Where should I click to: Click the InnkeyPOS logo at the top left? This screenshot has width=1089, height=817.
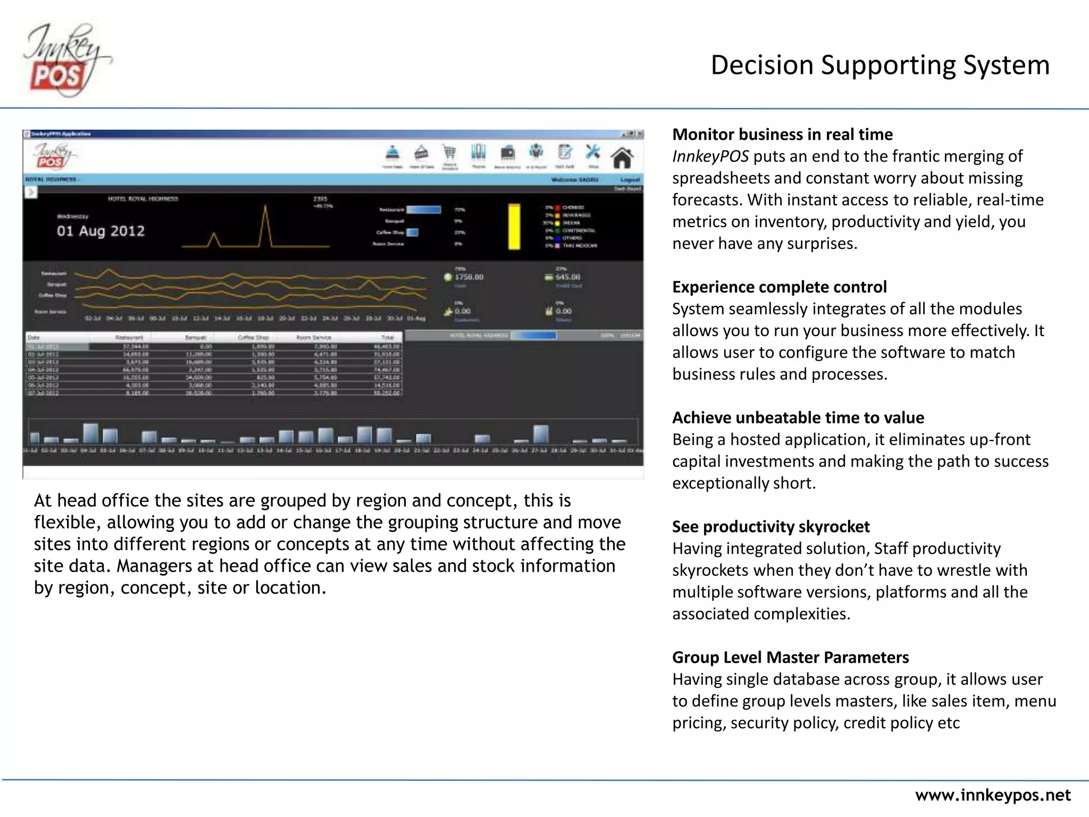pyautogui.click(x=66, y=60)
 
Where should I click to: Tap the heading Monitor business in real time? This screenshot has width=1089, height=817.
pyautogui.click(x=782, y=135)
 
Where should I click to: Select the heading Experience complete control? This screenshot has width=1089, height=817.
pyautogui.click(x=779, y=287)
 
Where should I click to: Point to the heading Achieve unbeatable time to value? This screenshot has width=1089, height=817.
pyautogui.click(x=798, y=418)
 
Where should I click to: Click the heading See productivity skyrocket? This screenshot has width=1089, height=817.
pyautogui.click(x=770, y=527)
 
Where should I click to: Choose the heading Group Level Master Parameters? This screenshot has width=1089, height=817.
pyautogui.click(x=790, y=658)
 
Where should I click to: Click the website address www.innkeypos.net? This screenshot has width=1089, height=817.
pyautogui.click(x=992, y=795)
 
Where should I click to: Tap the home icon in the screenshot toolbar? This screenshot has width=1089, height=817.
pyautogui.click(x=622, y=158)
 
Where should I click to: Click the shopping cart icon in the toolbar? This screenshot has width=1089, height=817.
pyautogui.click(x=450, y=153)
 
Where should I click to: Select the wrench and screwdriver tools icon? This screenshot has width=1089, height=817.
pyautogui.click(x=592, y=153)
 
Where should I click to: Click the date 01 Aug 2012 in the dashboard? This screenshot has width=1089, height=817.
pyautogui.click(x=100, y=231)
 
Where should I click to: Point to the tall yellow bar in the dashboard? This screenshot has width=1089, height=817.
pyautogui.click(x=514, y=226)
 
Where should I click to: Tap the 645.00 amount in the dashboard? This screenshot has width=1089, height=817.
pyautogui.click(x=567, y=277)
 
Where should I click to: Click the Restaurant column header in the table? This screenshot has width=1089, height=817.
pyautogui.click(x=129, y=338)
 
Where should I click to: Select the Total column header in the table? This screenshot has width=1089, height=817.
pyautogui.click(x=387, y=338)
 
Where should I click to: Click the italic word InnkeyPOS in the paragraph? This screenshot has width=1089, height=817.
pyautogui.click(x=710, y=156)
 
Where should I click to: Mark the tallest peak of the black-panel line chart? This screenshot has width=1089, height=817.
pyautogui.click(x=265, y=206)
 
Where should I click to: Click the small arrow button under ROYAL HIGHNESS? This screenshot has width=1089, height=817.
pyautogui.click(x=30, y=192)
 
